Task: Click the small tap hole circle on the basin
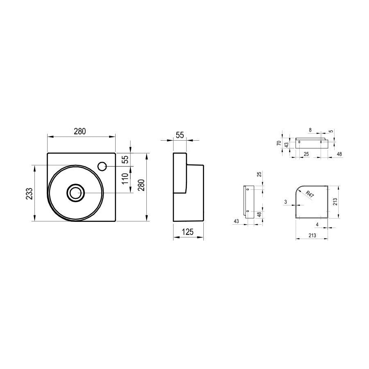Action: pos(102,166)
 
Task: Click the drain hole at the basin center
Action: pos(75,193)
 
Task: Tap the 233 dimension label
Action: pos(29,194)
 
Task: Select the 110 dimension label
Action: pos(125,179)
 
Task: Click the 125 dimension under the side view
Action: pos(188,232)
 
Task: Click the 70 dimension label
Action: pos(279,143)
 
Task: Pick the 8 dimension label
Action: pos(310,130)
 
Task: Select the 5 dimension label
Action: pos(331,131)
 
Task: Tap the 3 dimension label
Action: pos(286,202)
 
